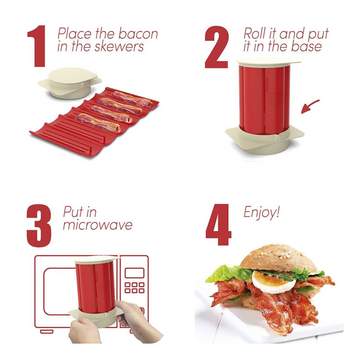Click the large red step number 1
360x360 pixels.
[37, 46]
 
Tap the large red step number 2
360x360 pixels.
[217, 47]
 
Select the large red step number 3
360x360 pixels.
[39, 226]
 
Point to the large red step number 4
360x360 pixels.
[219, 224]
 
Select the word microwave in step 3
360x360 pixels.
[97, 225]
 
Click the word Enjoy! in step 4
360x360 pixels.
[262, 213]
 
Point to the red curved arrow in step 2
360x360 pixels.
[310, 106]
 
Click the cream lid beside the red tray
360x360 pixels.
[70, 83]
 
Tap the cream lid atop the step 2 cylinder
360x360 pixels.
[269, 62]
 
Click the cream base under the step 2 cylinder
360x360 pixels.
[265, 140]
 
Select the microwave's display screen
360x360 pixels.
[134, 272]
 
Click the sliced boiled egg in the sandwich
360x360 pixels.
[274, 282]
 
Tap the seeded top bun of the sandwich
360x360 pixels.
[278, 258]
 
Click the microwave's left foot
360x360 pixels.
[46, 332]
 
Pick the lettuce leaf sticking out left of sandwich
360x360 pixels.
[228, 274]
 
